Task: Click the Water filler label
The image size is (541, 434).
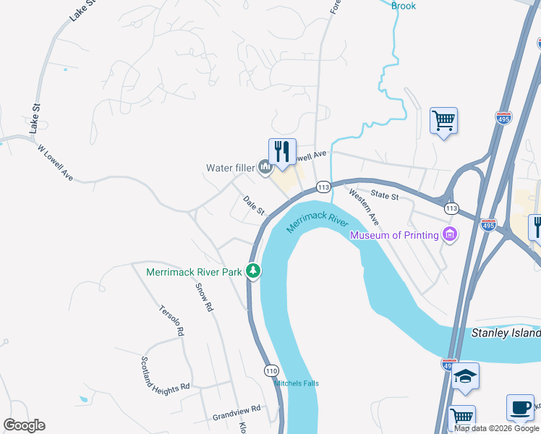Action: (x=230, y=169)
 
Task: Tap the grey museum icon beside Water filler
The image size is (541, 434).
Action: (x=265, y=169)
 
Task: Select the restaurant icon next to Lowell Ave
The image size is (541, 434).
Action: (x=282, y=150)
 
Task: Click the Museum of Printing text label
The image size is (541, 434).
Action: (x=394, y=235)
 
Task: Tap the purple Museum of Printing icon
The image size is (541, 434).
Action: (x=450, y=234)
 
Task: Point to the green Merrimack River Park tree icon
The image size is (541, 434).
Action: (x=253, y=272)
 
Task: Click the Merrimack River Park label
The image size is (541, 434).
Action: (x=194, y=273)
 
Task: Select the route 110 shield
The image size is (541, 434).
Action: (x=271, y=370)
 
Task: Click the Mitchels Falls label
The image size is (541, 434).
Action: (x=297, y=383)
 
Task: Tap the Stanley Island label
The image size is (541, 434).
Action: (x=506, y=333)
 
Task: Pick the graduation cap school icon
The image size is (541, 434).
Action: (x=465, y=375)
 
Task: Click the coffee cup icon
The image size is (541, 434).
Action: (x=520, y=407)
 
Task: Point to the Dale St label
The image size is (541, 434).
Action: (x=255, y=205)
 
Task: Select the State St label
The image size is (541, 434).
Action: (x=385, y=195)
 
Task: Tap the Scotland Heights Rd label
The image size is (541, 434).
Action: (x=164, y=374)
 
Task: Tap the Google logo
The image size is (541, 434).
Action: (x=24, y=425)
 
